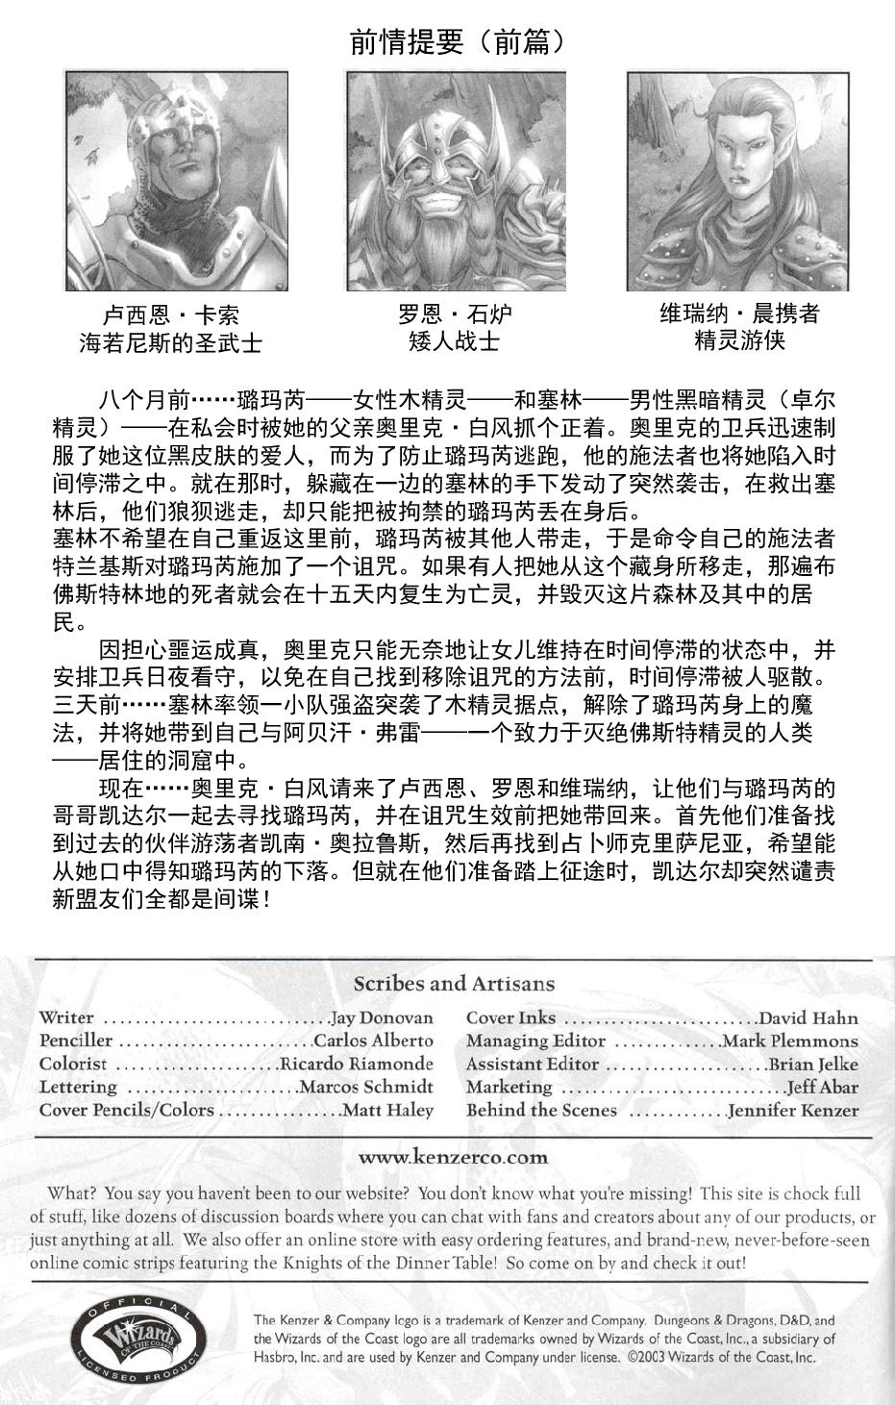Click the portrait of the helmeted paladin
[176, 181]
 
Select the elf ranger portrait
[738, 181]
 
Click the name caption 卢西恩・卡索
[171, 316]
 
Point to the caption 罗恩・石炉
[455, 314]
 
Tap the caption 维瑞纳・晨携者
[739, 314]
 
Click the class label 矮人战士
[455, 341]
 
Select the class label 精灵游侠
[739, 340]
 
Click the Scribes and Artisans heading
[454, 983]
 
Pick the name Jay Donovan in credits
[382, 1017]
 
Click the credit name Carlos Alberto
[373, 1041]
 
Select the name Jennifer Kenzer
[793, 1111]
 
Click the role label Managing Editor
[535, 1041]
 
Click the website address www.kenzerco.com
[453, 1157]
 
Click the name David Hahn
[808, 1017]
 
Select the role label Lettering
[78, 1087]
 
